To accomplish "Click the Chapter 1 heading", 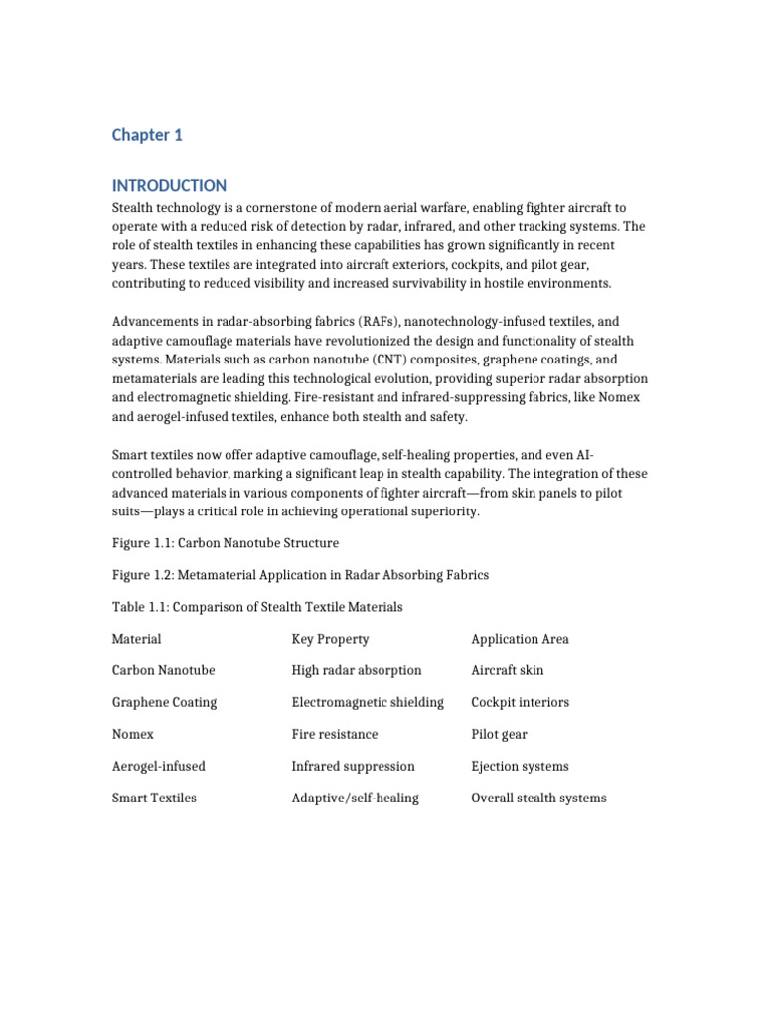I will click(147, 136).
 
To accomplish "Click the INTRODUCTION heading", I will click(169, 186).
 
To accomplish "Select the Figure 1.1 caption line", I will click(226, 543).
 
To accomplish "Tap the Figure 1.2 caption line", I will click(300, 575).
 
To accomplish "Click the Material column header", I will click(137, 639).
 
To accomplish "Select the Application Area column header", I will click(520, 639).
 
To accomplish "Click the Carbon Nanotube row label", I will click(164, 670).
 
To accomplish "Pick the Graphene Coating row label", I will click(164, 702).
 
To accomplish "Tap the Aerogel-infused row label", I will click(159, 766).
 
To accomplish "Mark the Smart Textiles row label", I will click(154, 798).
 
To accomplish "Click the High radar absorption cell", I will click(357, 670).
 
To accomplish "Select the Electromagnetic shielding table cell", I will click(368, 702).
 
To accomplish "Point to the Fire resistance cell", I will click(335, 734).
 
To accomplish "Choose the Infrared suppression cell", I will click(353, 766).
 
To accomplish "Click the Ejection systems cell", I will click(521, 766).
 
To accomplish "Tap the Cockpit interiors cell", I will click(521, 702).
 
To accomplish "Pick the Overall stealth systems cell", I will click(538, 798).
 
